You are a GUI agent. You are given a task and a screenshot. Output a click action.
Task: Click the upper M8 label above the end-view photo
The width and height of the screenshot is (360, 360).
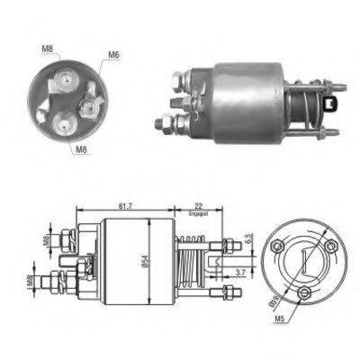pyautogui.click(x=47, y=49)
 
